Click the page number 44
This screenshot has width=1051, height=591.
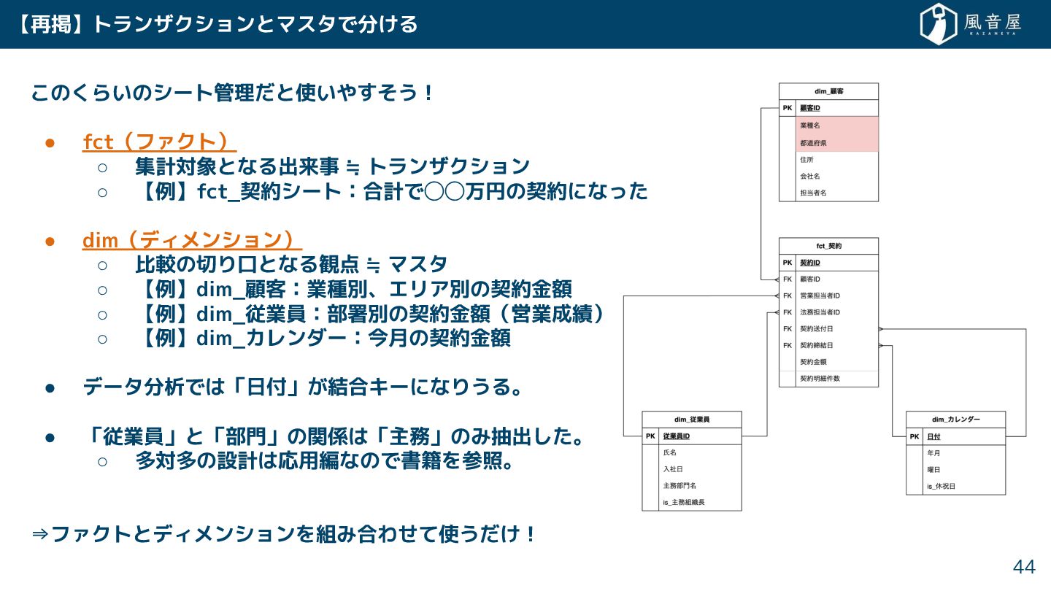[x=1023, y=567]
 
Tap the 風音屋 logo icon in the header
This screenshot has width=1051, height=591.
[x=939, y=24]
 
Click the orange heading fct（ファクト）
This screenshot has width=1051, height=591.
[x=159, y=142]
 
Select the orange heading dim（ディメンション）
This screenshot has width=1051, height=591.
[x=191, y=240]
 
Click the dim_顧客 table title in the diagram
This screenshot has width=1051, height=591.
[x=828, y=91]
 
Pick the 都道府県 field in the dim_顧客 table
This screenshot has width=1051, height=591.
[x=813, y=142]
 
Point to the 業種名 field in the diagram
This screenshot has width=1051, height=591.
[x=810, y=125]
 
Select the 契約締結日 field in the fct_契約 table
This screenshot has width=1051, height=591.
[x=817, y=345]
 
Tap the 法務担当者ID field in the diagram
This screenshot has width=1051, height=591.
[x=820, y=312]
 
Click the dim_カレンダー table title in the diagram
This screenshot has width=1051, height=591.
[x=955, y=420]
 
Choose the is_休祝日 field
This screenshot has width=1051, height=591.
[x=941, y=486]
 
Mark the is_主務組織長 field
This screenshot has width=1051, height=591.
[x=683, y=502]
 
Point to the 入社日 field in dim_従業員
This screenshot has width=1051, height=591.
[x=672, y=469]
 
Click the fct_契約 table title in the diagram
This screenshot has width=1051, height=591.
[x=828, y=246]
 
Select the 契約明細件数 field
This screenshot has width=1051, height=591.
[x=820, y=379]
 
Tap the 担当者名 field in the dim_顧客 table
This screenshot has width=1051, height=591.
[x=813, y=193]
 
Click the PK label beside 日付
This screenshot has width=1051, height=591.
[x=915, y=436]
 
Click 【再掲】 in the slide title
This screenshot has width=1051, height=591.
[x=50, y=24]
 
